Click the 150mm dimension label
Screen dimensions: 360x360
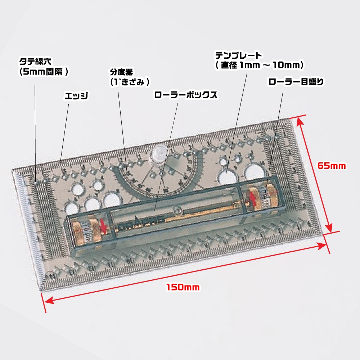(x=183, y=287)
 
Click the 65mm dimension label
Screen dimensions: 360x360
(x=332, y=166)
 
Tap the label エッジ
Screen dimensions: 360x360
(x=76, y=96)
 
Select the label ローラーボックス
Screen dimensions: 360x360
(x=185, y=95)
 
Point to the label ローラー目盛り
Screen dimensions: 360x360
(x=296, y=82)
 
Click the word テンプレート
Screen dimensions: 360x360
(x=238, y=55)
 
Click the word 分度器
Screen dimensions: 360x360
(x=121, y=72)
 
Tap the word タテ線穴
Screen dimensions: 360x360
(x=35, y=62)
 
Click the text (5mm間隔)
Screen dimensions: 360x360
(x=44, y=72)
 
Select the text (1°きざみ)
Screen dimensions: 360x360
(x=130, y=82)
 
